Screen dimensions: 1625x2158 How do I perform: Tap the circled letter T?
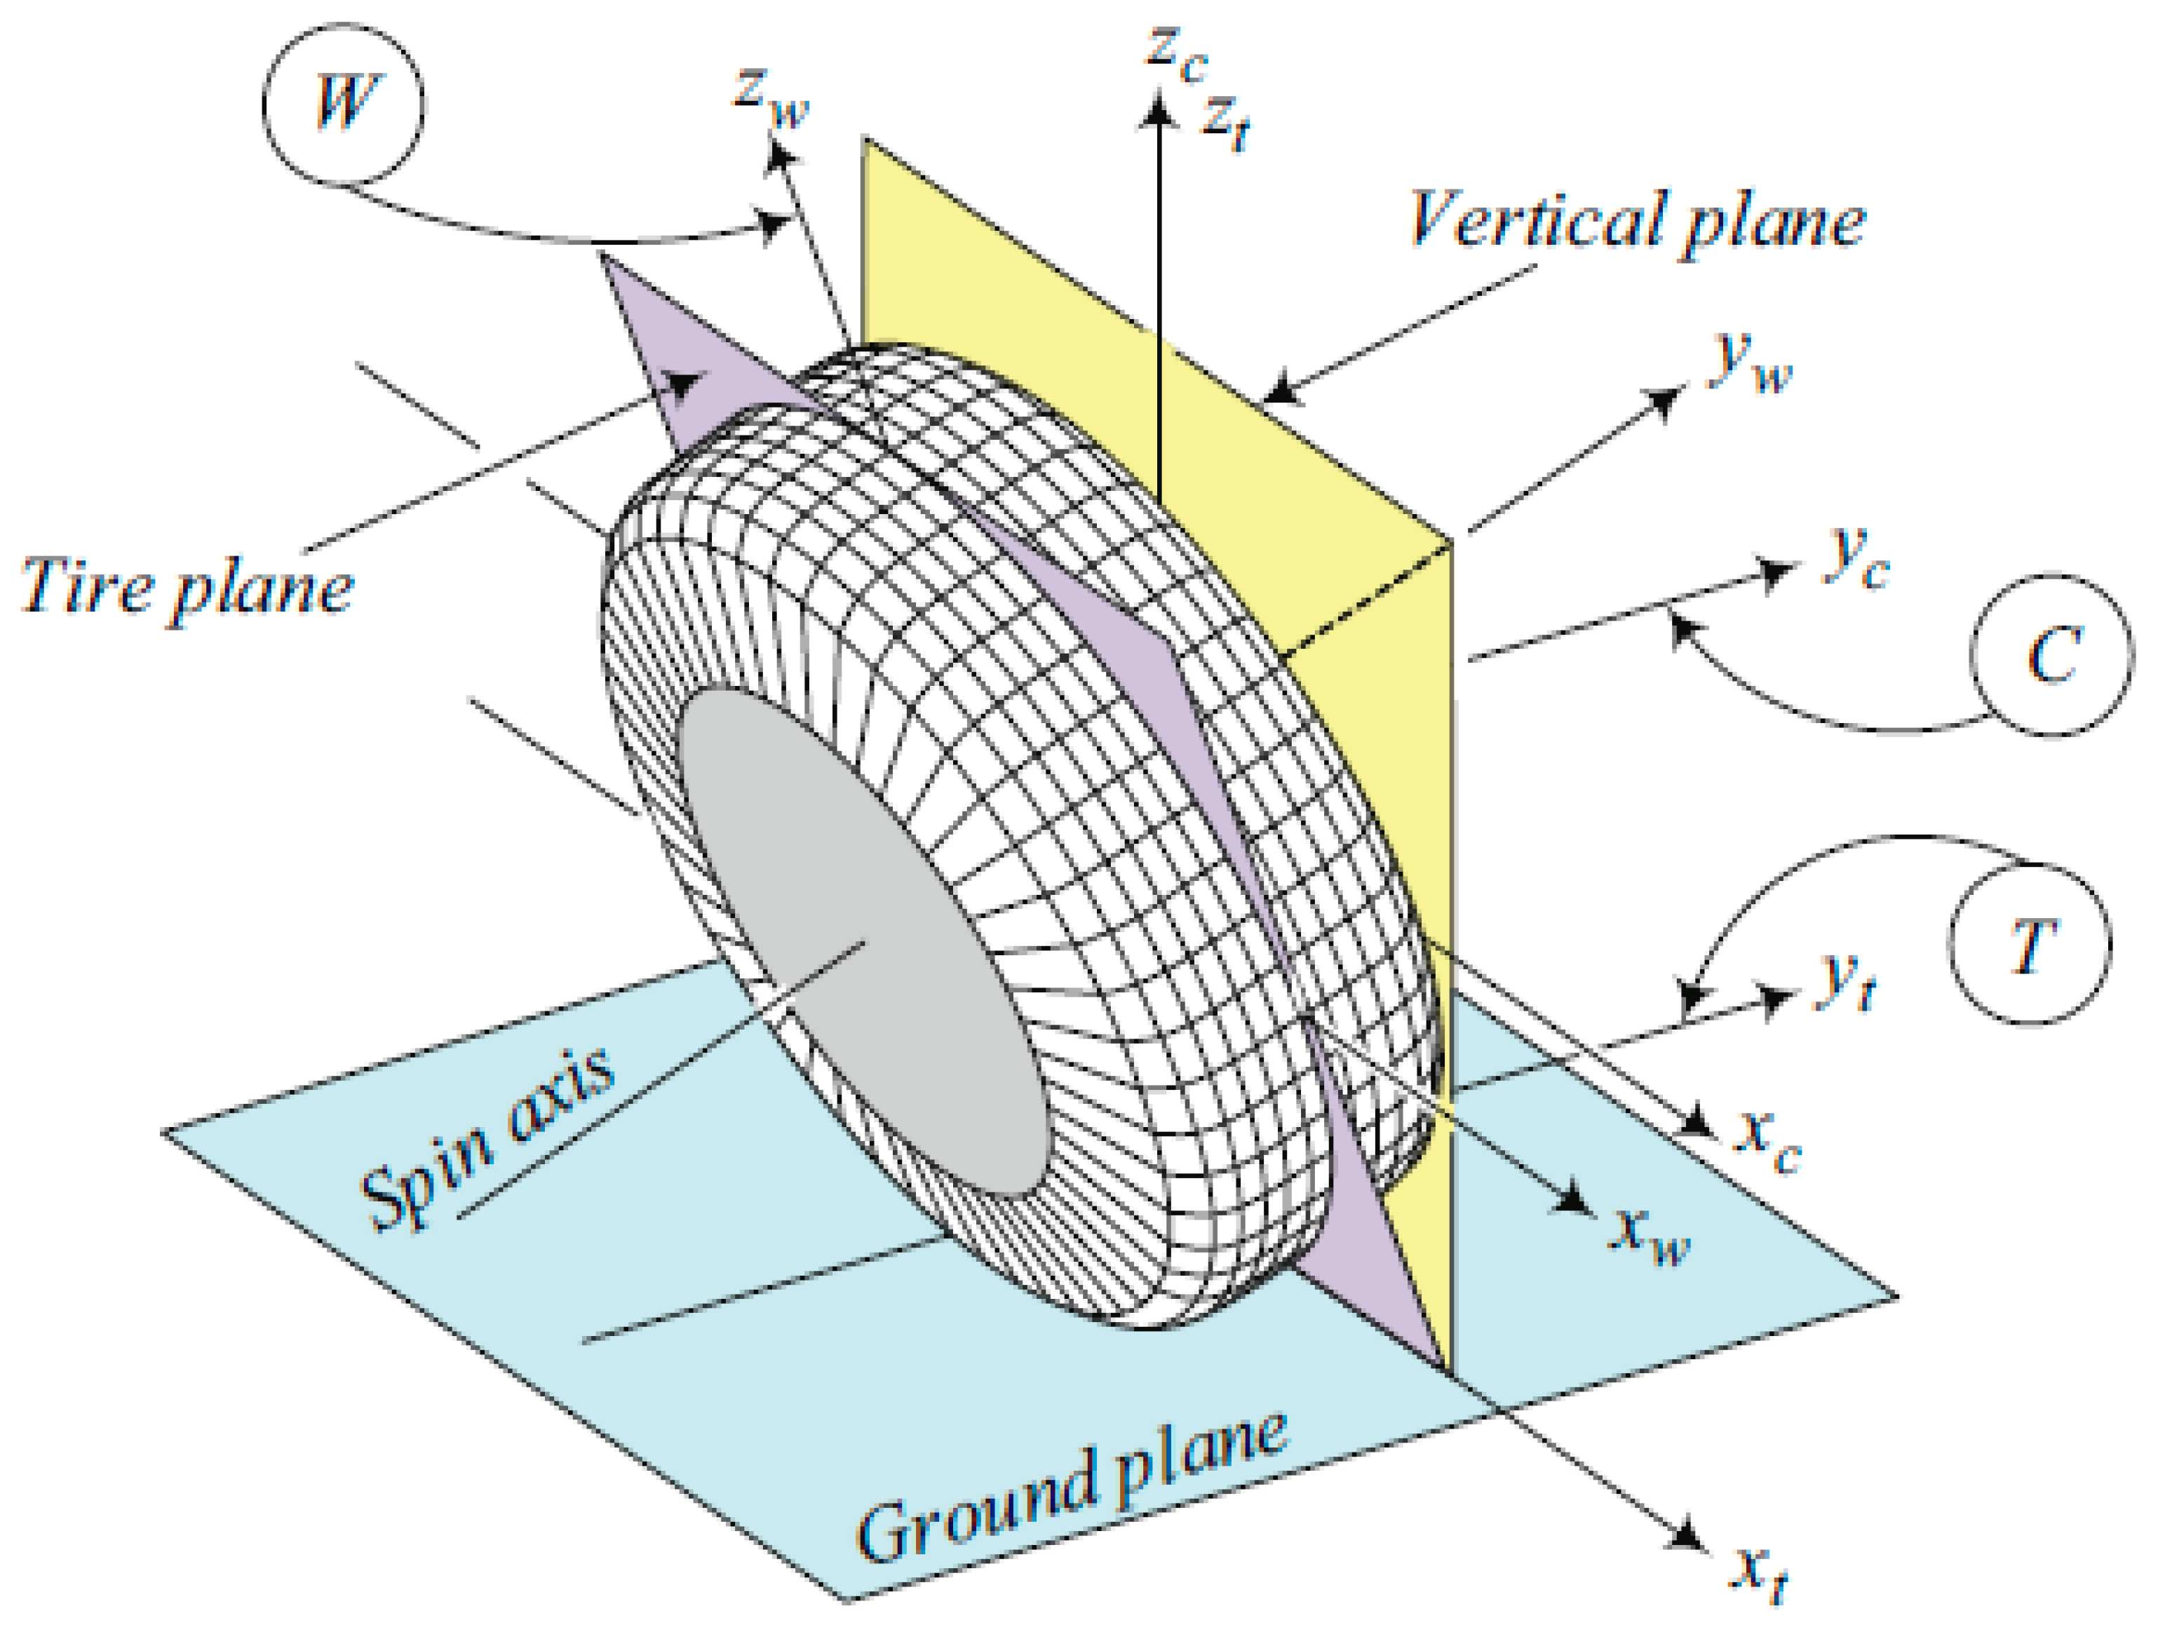point(2031,945)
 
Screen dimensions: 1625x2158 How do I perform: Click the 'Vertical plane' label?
point(1637,222)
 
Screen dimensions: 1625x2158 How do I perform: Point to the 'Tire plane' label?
point(185,586)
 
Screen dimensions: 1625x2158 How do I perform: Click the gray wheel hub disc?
point(863,941)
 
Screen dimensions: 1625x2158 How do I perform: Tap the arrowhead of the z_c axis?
point(1159,107)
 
